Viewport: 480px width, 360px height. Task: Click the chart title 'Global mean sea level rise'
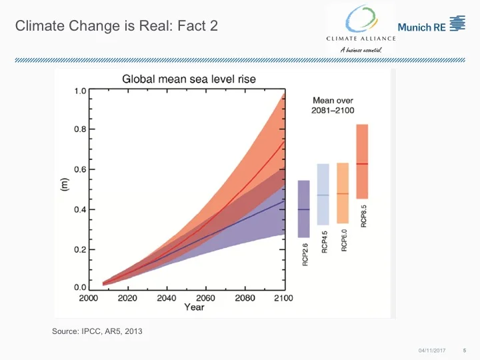(x=189, y=79)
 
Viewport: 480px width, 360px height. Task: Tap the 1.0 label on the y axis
(x=79, y=91)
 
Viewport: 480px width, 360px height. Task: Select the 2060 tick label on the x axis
(x=206, y=298)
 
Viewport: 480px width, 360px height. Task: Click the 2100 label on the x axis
(x=283, y=298)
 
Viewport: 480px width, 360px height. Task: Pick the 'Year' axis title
(x=194, y=307)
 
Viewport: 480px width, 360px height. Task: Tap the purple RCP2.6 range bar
(x=303, y=209)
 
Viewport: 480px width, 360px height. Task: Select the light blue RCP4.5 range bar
(x=323, y=194)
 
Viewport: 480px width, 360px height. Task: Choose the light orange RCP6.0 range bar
(x=343, y=193)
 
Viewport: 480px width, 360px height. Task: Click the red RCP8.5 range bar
(x=362, y=161)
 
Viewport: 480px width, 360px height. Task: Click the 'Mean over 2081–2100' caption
(x=333, y=105)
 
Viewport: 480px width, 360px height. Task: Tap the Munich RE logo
(x=431, y=26)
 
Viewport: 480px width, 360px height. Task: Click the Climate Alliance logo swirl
(x=361, y=18)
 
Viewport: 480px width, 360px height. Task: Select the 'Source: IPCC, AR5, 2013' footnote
(x=97, y=331)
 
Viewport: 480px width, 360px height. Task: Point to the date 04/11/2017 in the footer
(x=431, y=350)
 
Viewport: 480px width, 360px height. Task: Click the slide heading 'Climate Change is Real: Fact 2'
(x=116, y=27)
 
